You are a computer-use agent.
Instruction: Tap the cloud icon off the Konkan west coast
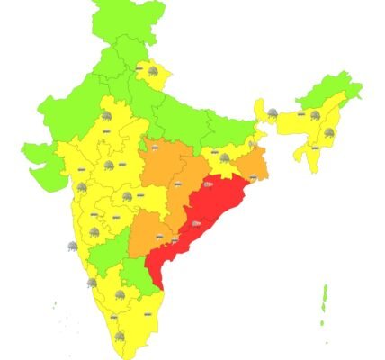tap(71, 246)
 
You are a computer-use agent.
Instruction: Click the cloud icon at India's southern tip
tap(120, 336)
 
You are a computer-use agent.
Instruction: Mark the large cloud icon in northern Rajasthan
tap(106, 117)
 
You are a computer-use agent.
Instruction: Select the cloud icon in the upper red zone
tap(208, 184)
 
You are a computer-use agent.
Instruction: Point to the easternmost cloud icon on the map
tap(328, 133)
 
